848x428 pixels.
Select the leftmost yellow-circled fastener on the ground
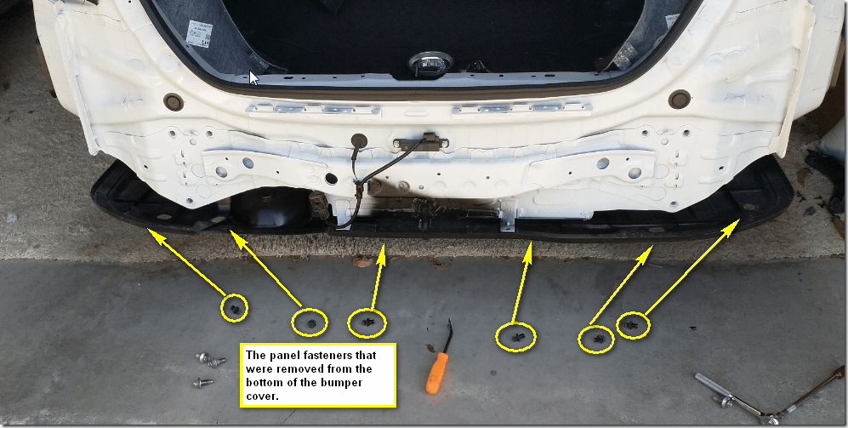[x=234, y=309]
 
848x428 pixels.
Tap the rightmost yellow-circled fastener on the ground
[x=631, y=326]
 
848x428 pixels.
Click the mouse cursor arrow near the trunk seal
[x=253, y=77]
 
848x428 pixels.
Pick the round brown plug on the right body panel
[x=680, y=99]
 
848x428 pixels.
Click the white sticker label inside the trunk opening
[x=199, y=33]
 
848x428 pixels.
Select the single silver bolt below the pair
[x=202, y=383]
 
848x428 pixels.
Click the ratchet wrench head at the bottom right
[x=769, y=419]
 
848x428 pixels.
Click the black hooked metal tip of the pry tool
[x=447, y=335]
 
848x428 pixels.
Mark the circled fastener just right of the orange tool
[x=516, y=338]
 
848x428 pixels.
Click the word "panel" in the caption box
[x=280, y=356]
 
